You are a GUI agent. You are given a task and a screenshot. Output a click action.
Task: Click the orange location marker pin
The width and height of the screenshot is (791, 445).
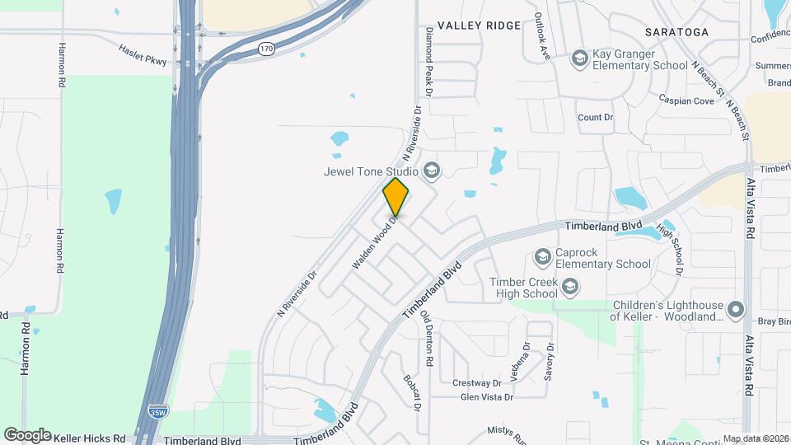(395, 196)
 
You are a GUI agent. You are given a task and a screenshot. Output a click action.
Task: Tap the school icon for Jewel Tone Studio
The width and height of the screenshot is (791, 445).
(431, 171)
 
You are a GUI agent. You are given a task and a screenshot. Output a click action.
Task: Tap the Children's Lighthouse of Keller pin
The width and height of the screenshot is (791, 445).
(736, 310)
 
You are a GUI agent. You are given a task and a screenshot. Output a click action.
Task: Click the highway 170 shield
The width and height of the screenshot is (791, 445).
(265, 49)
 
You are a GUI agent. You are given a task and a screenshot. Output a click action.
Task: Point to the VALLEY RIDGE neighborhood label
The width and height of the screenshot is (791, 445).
(479, 26)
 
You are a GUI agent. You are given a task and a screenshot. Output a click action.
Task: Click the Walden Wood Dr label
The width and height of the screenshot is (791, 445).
(375, 241)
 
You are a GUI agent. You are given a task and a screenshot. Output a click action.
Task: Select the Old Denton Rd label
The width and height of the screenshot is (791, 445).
(428, 338)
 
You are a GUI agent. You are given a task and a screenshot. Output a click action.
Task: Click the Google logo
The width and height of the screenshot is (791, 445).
(26, 434)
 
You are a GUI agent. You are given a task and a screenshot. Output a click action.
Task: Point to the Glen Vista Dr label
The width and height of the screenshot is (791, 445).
(487, 397)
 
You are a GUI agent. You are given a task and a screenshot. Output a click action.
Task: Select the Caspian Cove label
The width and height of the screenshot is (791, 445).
(686, 101)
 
